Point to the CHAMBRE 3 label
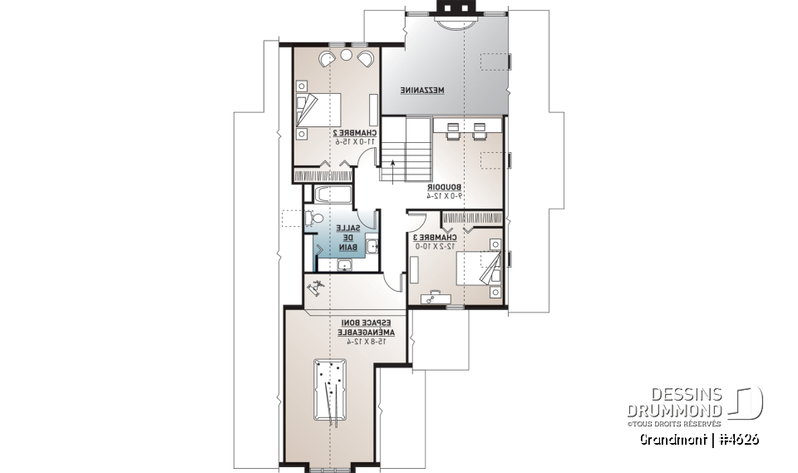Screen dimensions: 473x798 [x=435, y=238]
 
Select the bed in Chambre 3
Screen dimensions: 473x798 [x=480, y=273]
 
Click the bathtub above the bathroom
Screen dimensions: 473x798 [x=331, y=195]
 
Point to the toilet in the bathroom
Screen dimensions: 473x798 [x=313, y=219]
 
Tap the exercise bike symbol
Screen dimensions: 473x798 [x=316, y=289]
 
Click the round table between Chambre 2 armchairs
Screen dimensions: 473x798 [x=344, y=56]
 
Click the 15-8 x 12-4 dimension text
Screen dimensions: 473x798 [x=366, y=341]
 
